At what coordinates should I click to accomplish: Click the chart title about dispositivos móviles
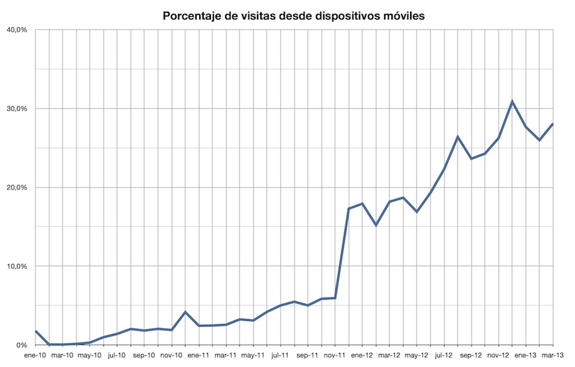click(x=294, y=15)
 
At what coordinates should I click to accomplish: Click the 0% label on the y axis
click(x=21, y=345)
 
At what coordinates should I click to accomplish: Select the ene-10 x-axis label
click(x=35, y=356)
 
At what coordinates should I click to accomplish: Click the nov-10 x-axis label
click(x=171, y=356)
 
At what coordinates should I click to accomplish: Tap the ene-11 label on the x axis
click(x=199, y=356)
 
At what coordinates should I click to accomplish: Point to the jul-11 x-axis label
click(x=280, y=356)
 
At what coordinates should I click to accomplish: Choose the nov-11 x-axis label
click(x=335, y=356)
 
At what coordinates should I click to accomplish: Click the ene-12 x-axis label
click(x=362, y=356)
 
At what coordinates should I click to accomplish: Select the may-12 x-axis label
click(x=417, y=356)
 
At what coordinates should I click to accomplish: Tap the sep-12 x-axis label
click(x=471, y=356)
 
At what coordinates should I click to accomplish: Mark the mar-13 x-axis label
click(x=553, y=356)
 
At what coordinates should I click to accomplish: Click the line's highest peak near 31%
click(x=512, y=101)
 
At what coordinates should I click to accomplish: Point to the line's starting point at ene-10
click(x=36, y=331)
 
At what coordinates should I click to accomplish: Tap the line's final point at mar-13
click(x=553, y=124)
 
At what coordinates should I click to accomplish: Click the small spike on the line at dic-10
click(x=186, y=312)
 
